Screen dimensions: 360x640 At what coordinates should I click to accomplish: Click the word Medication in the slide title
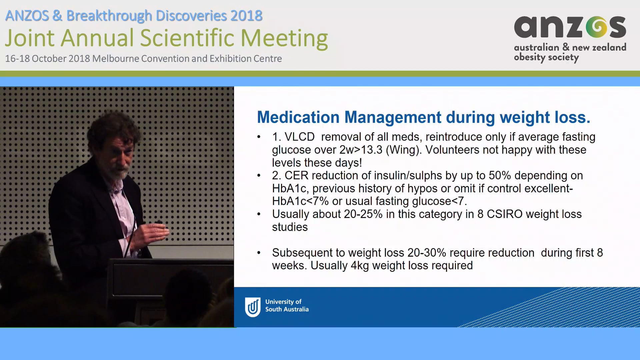[298, 117]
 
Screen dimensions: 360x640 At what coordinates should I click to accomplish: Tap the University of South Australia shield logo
[253, 307]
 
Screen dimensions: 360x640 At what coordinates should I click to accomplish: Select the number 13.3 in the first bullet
[372, 150]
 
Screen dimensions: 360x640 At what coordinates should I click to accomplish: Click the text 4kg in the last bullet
[360, 266]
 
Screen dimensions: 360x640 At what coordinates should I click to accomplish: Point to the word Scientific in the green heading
[187, 38]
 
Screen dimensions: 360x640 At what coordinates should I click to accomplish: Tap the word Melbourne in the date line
[115, 59]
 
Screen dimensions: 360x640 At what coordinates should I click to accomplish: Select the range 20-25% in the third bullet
[363, 214]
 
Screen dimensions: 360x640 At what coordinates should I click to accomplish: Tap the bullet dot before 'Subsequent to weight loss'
[259, 253]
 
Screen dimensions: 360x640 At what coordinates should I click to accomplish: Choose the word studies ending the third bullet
[290, 227]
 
